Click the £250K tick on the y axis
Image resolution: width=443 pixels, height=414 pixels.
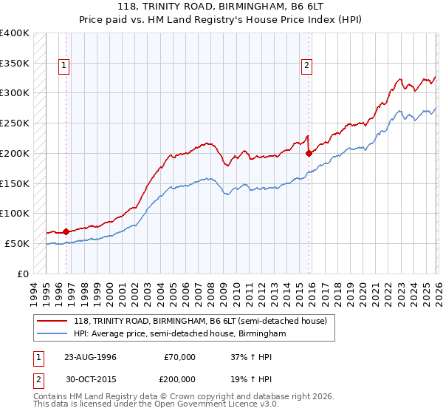point(15,123)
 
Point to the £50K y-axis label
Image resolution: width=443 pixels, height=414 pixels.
point(17,243)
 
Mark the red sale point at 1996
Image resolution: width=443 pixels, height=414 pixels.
point(66,231)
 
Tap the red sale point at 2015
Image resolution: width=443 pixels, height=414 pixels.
point(309,154)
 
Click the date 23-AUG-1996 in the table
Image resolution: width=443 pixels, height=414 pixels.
point(90,357)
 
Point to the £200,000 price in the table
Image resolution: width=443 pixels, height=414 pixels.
point(180,379)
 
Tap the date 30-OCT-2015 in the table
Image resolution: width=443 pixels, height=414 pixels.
point(90,379)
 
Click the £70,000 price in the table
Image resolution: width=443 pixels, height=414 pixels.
point(180,357)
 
